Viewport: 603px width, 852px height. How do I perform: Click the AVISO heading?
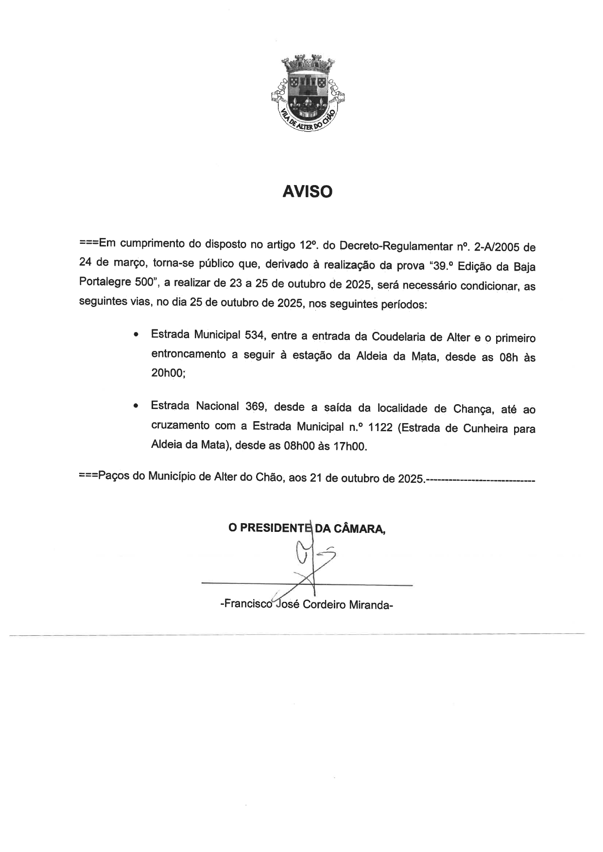[307, 192]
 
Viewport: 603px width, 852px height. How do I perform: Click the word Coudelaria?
[399, 337]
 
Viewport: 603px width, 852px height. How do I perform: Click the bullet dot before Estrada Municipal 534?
[138, 335]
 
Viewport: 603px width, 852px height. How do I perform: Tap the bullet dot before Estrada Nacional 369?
[138, 405]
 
